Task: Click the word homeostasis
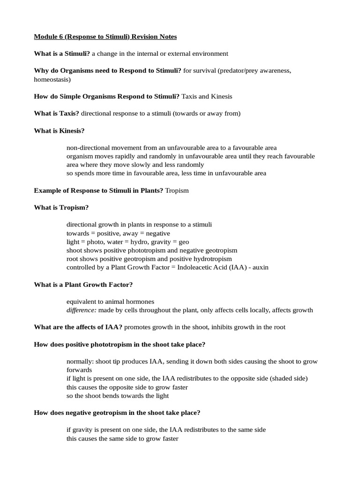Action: coord(51,79)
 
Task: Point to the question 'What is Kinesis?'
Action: coord(59,130)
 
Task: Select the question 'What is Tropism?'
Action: coord(61,208)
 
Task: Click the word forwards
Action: coord(79,370)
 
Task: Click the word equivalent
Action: coord(82,301)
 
